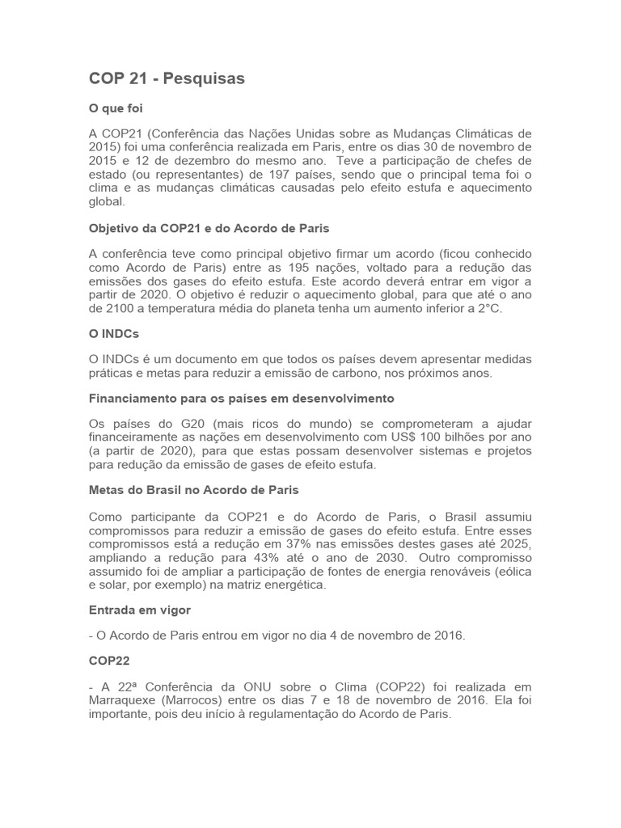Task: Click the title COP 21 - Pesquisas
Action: pos(167,78)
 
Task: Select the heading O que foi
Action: pos(116,108)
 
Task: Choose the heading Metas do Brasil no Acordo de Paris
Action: pos(194,490)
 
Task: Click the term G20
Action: pos(188,424)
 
